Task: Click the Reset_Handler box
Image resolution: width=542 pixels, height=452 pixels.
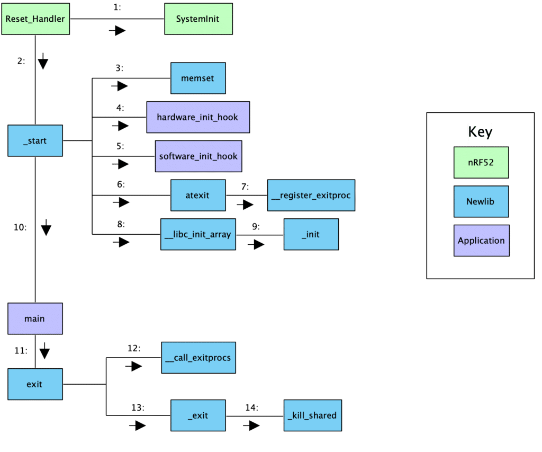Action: (35, 19)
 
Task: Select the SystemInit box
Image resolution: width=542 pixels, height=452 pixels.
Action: (198, 19)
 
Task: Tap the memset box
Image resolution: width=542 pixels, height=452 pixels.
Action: (198, 78)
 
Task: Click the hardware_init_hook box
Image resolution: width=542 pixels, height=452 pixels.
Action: (198, 117)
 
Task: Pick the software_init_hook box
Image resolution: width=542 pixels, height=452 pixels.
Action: (198, 156)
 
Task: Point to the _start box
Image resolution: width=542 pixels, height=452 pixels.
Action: (35, 140)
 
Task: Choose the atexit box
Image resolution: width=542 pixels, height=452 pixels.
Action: (198, 195)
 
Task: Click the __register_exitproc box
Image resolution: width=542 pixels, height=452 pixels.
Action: (311, 195)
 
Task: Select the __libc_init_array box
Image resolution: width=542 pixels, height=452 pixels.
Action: (198, 234)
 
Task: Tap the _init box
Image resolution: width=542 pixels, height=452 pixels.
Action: (311, 234)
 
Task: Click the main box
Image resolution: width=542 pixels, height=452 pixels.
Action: (35, 318)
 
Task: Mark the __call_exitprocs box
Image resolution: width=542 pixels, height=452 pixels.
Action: (198, 358)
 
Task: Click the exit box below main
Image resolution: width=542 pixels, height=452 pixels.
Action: (35, 384)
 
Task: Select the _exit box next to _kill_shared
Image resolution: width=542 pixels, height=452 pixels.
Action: (198, 415)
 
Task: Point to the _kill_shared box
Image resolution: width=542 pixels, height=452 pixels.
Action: (312, 415)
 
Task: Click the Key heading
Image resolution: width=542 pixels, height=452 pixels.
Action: (480, 132)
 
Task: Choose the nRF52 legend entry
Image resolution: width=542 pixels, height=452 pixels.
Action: (481, 162)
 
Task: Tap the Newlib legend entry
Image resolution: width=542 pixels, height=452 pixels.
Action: (481, 201)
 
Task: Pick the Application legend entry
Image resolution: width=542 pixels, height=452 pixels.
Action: (481, 241)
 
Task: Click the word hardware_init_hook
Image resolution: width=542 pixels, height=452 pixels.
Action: (197, 118)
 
